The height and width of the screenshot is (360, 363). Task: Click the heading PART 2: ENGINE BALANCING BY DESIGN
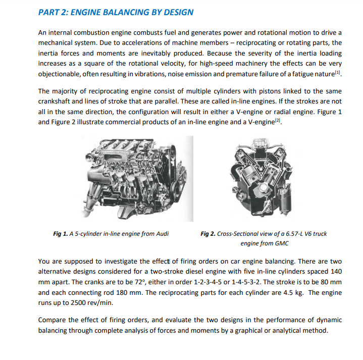pos(116,12)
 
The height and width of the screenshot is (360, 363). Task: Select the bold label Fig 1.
pos(61,234)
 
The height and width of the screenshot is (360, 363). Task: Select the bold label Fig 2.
pos(208,234)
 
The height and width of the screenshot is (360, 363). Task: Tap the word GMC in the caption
pos(281,243)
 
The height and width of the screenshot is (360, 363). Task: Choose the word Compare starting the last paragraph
pos(53,320)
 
